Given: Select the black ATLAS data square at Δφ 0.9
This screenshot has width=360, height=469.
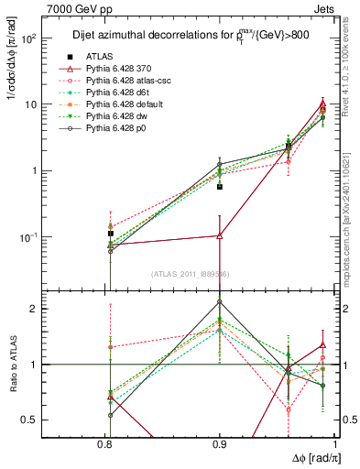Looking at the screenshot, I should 220,186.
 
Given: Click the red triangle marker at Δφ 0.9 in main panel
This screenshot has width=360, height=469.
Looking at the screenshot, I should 220,235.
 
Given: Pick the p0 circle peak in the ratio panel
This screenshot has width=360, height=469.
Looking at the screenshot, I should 220,301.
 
